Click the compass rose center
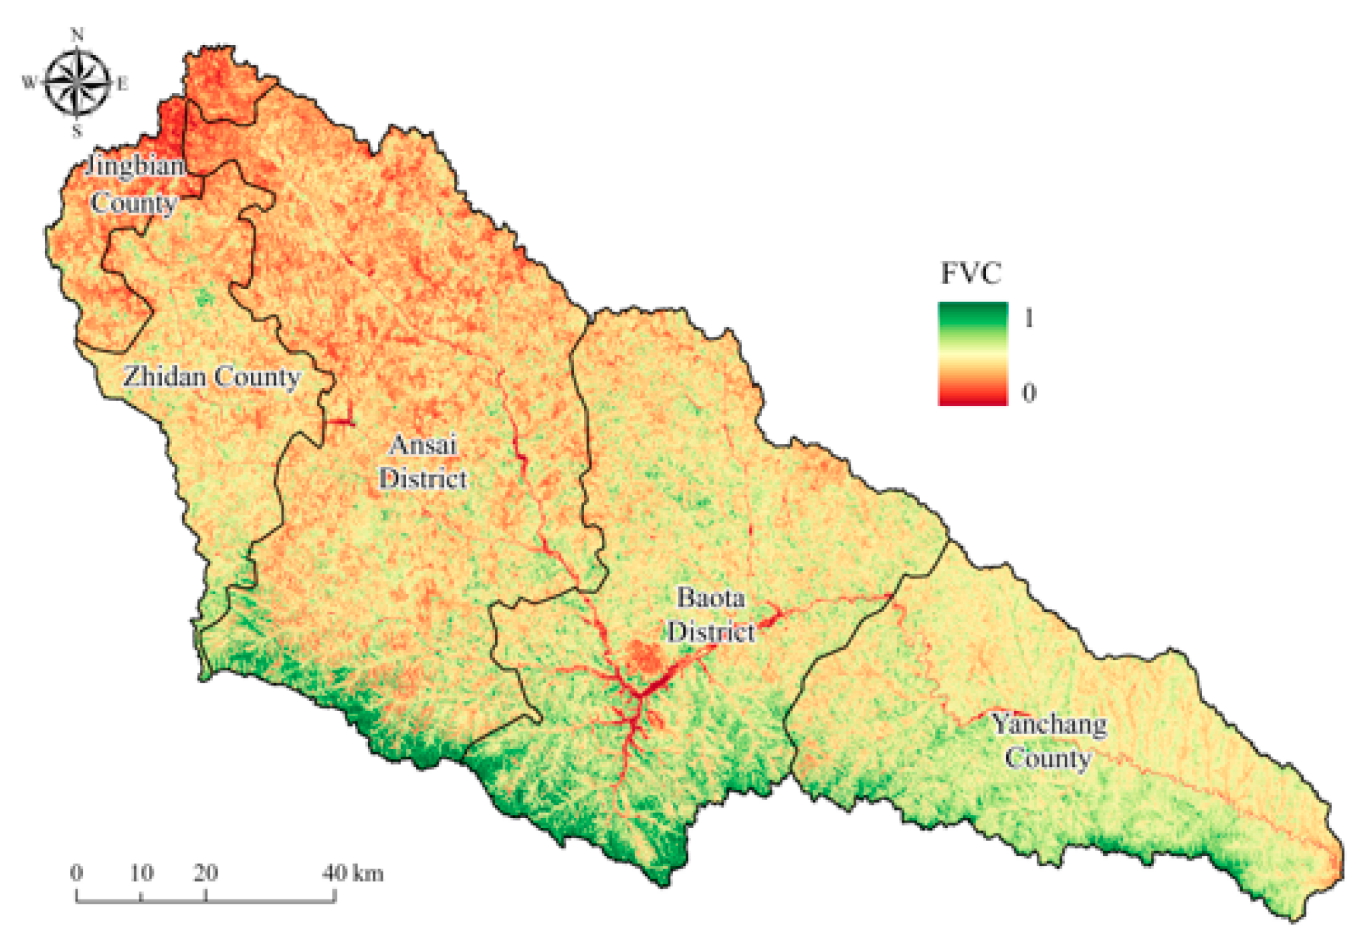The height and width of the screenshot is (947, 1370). [x=78, y=83]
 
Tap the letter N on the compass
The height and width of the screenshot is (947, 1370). [x=78, y=35]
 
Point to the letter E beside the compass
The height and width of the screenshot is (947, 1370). [x=122, y=84]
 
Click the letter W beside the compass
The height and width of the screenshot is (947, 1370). [x=29, y=83]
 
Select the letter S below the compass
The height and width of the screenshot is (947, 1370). [x=78, y=131]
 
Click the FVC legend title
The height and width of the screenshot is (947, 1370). [x=971, y=273]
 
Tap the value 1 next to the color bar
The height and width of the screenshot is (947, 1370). [x=1029, y=317]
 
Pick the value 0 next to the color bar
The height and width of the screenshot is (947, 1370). [x=1029, y=393]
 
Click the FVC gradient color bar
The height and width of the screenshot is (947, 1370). [x=973, y=354]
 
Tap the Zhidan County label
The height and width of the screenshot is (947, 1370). [x=211, y=377]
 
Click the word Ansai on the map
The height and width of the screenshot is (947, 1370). [x=423, y=445]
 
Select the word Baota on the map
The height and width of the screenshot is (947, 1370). [x=710, y=598]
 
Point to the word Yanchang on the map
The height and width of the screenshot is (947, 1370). [x=1049, y=724]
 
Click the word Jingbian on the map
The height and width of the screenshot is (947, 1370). [x=136, y=165]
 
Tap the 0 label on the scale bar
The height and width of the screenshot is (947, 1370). [x=77, y=873]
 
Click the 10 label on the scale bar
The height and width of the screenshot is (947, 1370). [x=141, y=873]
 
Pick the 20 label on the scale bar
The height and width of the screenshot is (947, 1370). [x=205, y=873]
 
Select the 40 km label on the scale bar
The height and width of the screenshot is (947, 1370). [x=352, y=873]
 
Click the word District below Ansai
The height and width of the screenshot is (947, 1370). [x=423, y=479]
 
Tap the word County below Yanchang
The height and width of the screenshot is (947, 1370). [x=1048, y=758]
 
